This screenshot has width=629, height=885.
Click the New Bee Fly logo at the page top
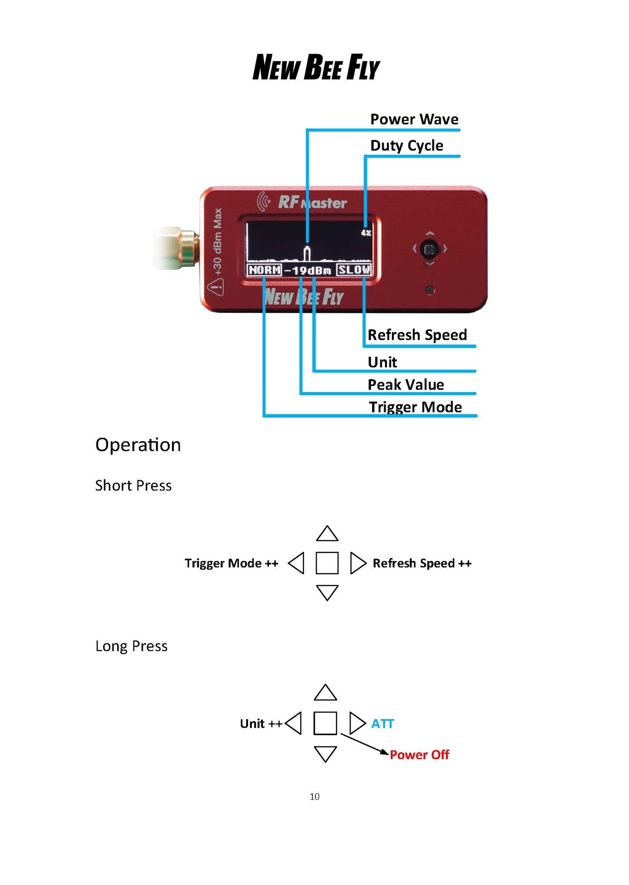point(316,67)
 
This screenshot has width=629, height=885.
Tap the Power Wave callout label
point(414,119)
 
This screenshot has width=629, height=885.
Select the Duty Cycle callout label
point(407,146)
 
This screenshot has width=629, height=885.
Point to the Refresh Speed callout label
point(417,335)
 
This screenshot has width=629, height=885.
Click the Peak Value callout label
point(406,384)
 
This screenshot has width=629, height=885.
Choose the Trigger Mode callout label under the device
point(415,407)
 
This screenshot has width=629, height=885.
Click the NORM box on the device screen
point(264,270)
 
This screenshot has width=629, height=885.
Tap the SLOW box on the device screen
point(354,270)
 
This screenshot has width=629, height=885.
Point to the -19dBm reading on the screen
point(308,271)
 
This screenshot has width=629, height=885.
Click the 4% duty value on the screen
point(366,233)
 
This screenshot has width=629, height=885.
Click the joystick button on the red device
point(430,249)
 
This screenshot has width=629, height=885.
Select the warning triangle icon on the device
point(215,288)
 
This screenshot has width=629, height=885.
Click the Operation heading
point(138,445)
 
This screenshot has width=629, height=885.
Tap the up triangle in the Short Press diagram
point(327,534)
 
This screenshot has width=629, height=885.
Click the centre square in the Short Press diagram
point(327,563)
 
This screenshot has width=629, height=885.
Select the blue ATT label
point(383,724)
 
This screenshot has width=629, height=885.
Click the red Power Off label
point(419,755)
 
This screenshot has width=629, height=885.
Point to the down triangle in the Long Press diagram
point(325,754)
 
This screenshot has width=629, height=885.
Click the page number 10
point(314,796)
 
